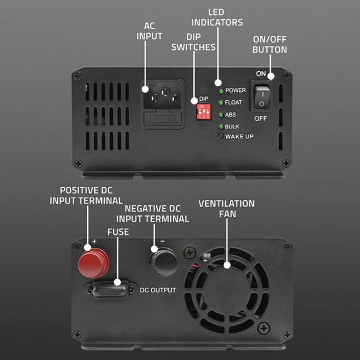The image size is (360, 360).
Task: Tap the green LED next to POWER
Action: (221, 90)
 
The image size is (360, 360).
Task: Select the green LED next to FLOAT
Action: (221, 102)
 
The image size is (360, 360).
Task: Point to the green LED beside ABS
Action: (221, 115)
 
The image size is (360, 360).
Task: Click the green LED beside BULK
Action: (221, 127)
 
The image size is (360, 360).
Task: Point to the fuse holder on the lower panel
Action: (110, 289)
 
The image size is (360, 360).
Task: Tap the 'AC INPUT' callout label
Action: (150, 31)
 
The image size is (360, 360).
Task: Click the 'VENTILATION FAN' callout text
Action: (227, 208)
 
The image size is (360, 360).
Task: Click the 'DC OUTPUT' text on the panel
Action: (158, 290)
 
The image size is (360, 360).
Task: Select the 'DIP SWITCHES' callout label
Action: (193, 42)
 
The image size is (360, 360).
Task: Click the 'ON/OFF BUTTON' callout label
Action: (270, 44)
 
